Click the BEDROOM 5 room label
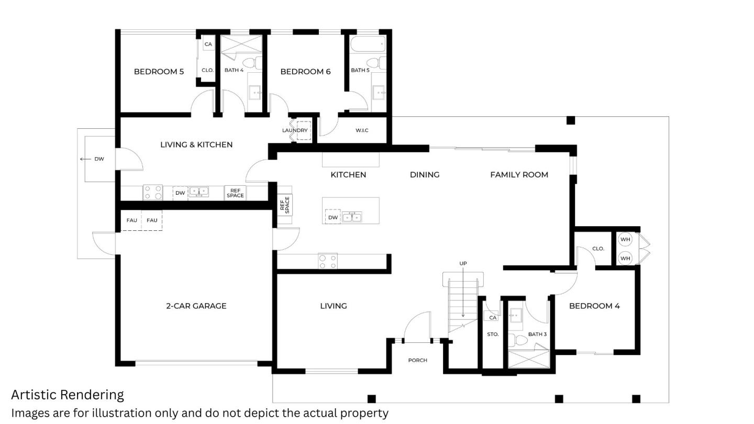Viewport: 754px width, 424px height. (x=159, y=72)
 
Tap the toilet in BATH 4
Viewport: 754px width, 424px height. (x=250, y=64)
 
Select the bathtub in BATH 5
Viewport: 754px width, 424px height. (x=368, y=44)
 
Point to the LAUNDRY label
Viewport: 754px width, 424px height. (x=295, y=130)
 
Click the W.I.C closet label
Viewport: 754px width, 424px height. (x=362, y=130)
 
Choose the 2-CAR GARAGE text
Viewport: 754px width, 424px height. (x=196, y=306)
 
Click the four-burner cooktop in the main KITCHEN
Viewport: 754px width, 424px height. (x=328, y=261)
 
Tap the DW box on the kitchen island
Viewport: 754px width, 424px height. (x=333, y=217)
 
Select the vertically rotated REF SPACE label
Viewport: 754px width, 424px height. (x=284, y=205)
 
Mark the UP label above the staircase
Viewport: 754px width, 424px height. (x=463, y=263)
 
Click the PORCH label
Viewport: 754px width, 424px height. (x=417, y=360)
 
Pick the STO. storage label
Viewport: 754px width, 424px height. (x=493, y=334)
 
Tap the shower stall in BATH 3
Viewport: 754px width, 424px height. (x=528, y=359)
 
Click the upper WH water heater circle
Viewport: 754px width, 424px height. (x=625, y=240)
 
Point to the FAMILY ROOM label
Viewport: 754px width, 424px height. (x=519, y=175)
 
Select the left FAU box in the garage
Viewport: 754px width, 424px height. (x=132, y=220)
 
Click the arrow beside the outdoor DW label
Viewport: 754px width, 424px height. (x=85, y=159)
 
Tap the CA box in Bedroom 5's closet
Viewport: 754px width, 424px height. (x=208, y=44)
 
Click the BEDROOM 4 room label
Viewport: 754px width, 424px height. (x=594, y=306)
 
